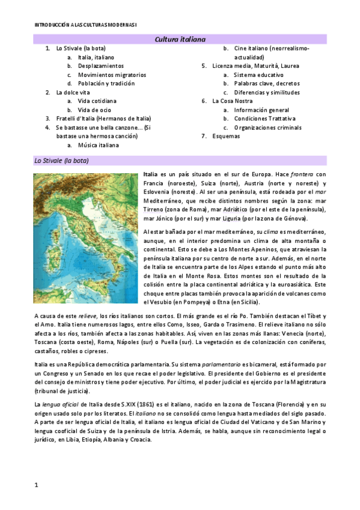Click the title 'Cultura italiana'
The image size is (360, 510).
(180, 39)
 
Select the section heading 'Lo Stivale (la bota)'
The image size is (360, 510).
(64, 161)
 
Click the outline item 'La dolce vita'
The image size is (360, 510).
(73, 93)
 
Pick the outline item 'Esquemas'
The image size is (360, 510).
(226, 137)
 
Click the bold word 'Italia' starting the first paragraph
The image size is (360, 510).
(152, 174)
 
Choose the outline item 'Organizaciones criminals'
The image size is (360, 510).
(269, 127)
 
